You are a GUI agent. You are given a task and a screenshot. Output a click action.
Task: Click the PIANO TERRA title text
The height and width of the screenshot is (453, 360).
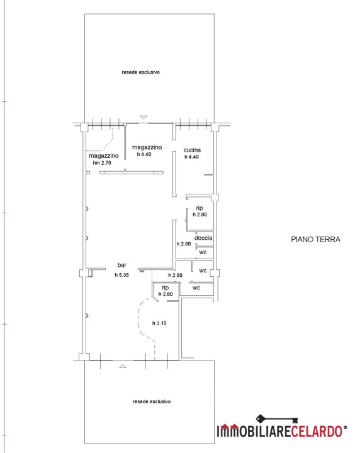click(x=315, y=239)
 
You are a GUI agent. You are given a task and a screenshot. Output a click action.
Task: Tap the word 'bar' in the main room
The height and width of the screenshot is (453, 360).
click(x=122, y=265)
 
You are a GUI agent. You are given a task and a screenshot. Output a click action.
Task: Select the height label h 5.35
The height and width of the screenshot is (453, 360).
click(x=121, y=275)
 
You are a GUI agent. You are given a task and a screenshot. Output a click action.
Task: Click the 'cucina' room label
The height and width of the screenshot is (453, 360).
click(x=192, y=150)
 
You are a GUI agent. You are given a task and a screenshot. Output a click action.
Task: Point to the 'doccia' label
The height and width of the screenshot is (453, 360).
click(x=203, y=238)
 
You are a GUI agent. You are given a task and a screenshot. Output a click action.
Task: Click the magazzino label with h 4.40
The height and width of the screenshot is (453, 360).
click(x=147, y=147)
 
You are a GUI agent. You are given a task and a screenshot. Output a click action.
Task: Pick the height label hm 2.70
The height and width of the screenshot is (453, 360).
click(x=102, y=163)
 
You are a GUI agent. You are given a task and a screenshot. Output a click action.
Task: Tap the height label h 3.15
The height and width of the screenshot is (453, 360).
click(x=159, y=323)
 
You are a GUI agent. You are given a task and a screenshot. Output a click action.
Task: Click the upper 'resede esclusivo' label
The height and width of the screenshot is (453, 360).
click(x=141, y=72)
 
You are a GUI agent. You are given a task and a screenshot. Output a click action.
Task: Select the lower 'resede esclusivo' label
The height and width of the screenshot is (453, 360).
click(x=152, y=401)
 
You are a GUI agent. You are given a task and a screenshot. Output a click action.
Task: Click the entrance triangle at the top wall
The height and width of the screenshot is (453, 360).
click(x=143, y=117)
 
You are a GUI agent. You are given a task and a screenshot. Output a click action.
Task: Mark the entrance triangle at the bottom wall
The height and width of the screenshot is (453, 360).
click(x=123, y=366)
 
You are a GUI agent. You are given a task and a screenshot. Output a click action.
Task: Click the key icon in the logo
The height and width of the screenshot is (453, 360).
click(x=277, y=418)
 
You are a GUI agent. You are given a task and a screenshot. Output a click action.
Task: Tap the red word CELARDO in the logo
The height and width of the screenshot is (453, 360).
click(x=316, y=431)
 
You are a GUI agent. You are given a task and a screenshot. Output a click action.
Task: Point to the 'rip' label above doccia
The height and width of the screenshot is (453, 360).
click(x=200, y=208)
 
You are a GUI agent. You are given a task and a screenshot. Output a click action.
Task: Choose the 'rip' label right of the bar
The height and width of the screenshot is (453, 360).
click(x=166, y=288)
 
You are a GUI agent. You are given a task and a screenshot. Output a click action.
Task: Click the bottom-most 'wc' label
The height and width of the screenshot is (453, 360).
click(x=196, y=288)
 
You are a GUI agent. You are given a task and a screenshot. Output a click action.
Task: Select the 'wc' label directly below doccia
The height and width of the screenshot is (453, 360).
click(x=203, y=252)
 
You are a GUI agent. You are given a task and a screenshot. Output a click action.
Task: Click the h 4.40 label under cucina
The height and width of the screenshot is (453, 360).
click(x=191, y=157)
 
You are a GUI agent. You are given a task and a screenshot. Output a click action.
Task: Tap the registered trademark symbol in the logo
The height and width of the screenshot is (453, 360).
click(x=346, y=427)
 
